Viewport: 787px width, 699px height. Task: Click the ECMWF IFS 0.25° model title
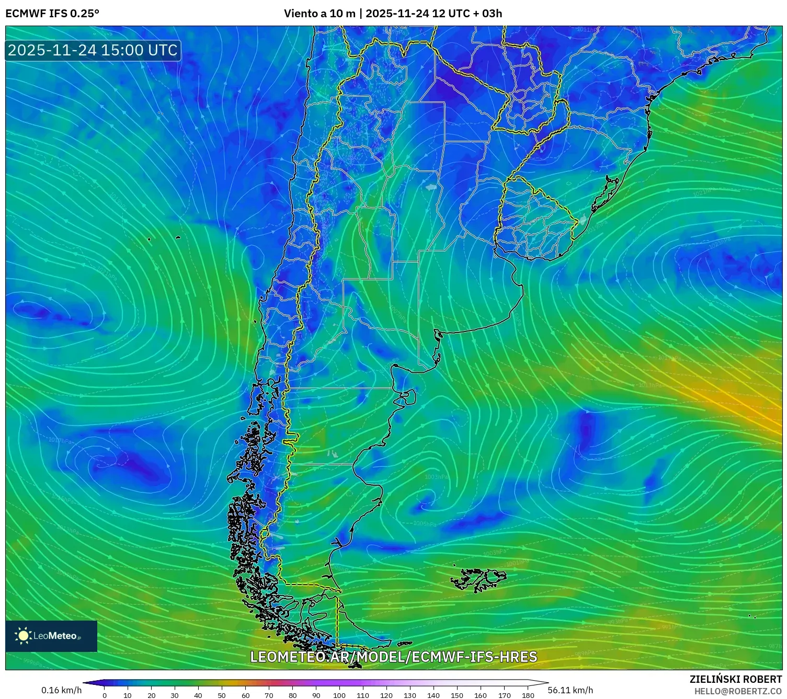52,14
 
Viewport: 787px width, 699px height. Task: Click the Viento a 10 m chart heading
393,14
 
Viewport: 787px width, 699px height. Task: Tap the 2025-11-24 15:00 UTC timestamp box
93,50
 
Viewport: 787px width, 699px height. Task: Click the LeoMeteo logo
51,636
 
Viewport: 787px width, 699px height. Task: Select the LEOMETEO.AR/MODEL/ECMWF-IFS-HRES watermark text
393,657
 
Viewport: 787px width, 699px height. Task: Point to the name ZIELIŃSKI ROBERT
735,679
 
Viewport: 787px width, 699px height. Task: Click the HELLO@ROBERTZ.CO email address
737,691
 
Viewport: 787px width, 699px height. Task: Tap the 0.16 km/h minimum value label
62,690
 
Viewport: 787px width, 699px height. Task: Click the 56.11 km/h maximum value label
570,690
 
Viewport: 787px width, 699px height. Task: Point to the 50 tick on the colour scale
222,695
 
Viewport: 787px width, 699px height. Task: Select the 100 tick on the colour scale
339,695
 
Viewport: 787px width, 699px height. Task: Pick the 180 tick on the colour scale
528,695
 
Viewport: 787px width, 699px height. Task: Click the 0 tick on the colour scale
105,695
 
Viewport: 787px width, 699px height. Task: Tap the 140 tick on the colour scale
434,695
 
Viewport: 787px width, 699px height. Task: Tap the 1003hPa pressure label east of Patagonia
436,477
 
